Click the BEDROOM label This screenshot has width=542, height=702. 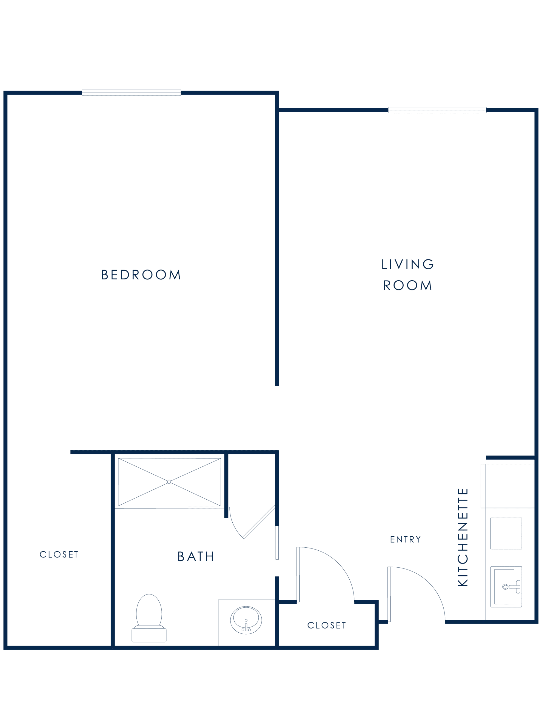point(141,275)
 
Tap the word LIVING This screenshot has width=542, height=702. point(408,264)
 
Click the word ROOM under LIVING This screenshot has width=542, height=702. point(408,285)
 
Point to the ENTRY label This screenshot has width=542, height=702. point(405,539)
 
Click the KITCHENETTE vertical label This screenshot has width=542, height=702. point(463,537)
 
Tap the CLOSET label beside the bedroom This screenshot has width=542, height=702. point(59,554)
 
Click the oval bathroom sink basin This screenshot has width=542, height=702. point(246,620)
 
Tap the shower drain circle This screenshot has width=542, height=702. point(169,482)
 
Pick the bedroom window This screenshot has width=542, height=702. point(132,93)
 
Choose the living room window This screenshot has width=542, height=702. point(437,110)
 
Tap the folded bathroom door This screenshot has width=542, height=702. point(259,522)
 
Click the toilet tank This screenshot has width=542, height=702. point(149,635)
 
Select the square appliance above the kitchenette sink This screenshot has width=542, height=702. point(506,533)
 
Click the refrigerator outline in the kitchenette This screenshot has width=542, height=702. point(508,486)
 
